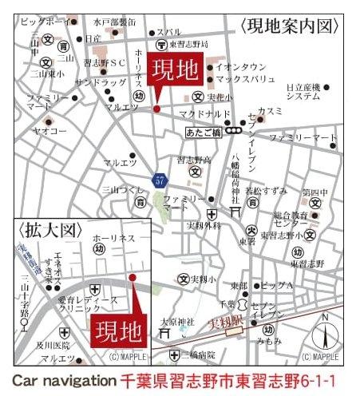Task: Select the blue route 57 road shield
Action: (162, 180)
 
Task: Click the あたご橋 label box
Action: (203, 128)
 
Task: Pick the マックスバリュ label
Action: (247, 80)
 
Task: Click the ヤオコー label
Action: (49, 129)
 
